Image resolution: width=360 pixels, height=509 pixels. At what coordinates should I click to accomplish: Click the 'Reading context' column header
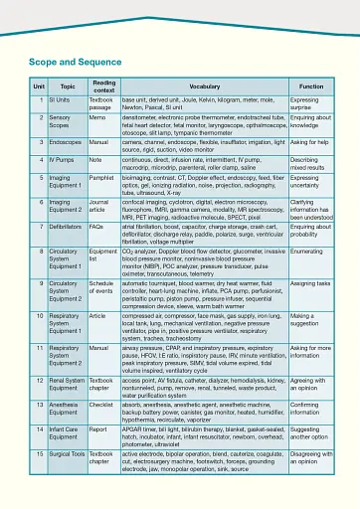103,87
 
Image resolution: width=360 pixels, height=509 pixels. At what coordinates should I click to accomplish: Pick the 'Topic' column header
67,87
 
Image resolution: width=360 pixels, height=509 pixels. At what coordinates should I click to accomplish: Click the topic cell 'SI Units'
60,101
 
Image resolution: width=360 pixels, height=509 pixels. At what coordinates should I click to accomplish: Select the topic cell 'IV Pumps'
63,158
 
